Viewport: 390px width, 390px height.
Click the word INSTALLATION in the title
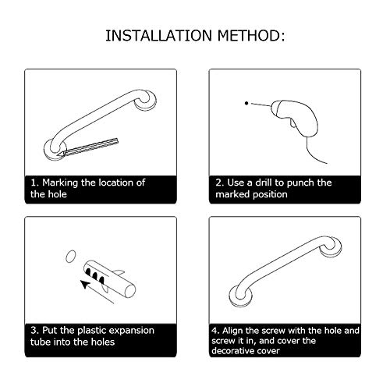pos(158,36)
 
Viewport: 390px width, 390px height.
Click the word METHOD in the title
pos(248,36)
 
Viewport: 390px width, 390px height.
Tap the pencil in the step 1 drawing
pos(88,147)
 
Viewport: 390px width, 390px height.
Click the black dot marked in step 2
pos(246,103)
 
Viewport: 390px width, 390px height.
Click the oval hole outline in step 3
pos(71,257)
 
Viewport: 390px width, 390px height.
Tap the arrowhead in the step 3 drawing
pos(85,285)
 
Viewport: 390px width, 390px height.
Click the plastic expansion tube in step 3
pos(109,278)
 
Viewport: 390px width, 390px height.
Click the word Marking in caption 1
pos(60,183)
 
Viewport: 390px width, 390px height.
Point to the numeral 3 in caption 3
pos(34,331)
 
